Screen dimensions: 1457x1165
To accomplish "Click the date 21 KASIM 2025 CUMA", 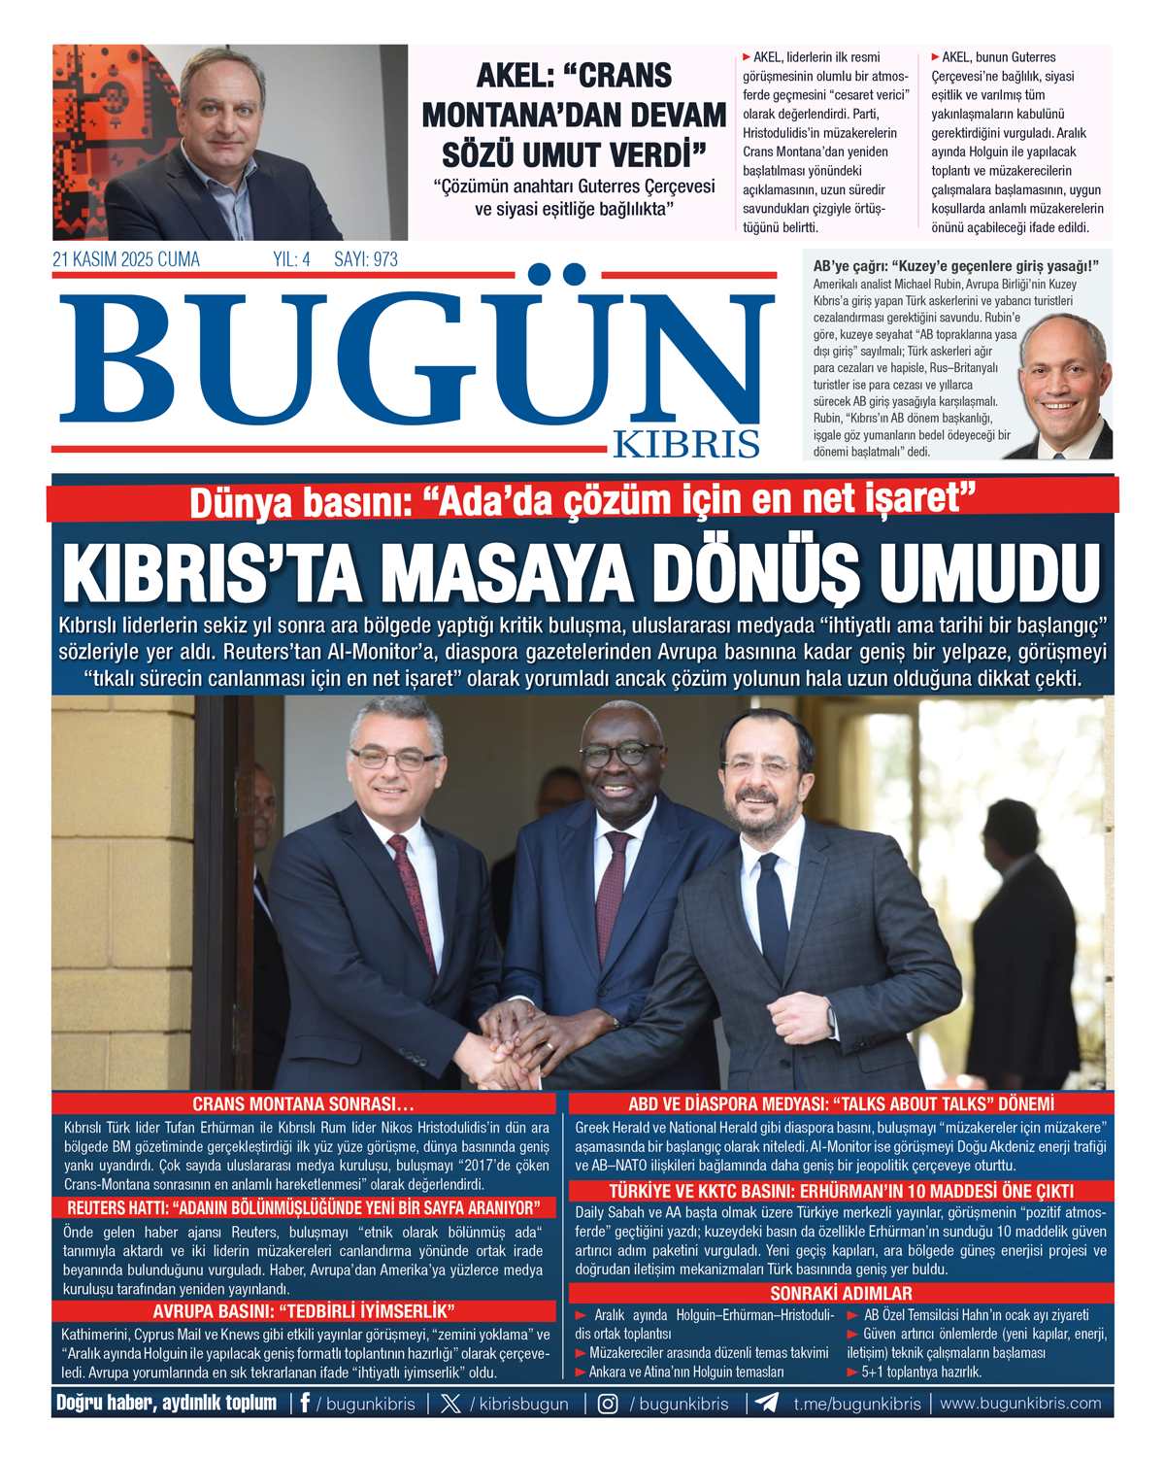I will pyautogui.click(x=126, y=259).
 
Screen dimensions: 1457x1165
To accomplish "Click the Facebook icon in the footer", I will pyautogui.click(x=305, y=1403).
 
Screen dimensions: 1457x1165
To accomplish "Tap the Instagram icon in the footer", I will pyautogui.click(x=608, y=1404).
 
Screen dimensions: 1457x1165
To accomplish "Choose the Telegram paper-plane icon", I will pyautogui.click(x=766, y=1403).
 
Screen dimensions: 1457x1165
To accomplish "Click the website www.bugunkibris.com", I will pyautogui.click(x=1020, y=1403).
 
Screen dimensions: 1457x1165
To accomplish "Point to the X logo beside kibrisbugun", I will pyautogui.click(x=450, y=1404).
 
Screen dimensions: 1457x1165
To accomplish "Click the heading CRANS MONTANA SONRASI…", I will pyautogui.click(x=303, y=1103).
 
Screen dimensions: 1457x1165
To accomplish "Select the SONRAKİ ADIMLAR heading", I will pyautogui.click(x=841, y=1293).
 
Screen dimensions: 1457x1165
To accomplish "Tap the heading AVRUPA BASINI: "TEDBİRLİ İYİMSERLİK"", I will pyautogui.click(x=304, y=1311).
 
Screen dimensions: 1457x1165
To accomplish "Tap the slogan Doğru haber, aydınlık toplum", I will pyautogui.click(x=166, y=1403).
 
